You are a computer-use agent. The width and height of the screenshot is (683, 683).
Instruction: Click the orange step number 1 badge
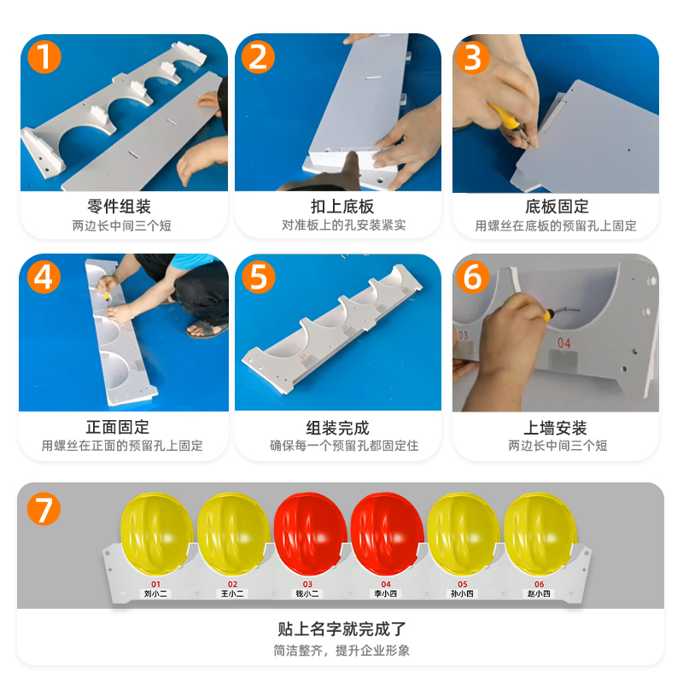pos(44,56)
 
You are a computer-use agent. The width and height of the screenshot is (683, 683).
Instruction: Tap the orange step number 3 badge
pos(472,57)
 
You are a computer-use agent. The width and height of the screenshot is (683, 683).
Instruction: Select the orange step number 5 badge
pos(259,277)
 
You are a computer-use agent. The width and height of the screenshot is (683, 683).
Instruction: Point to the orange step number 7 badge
pos(44,509)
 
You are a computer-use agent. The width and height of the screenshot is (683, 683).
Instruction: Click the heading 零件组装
pos(119,206)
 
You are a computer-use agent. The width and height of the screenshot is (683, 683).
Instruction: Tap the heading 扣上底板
pos(342,206)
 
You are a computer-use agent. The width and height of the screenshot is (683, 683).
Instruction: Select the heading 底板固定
pos(557,206)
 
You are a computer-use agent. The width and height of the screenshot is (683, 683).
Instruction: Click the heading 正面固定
pos(118,427)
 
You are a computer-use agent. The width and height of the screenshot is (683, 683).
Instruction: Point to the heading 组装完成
pos(337,428)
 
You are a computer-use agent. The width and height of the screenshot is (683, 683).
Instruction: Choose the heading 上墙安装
pos(555,428)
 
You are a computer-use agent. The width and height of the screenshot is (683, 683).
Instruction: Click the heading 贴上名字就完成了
pos(341,628)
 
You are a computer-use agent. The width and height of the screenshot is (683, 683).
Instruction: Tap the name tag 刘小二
pos(155,593)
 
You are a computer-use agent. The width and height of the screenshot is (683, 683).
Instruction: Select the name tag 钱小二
pos(307,593)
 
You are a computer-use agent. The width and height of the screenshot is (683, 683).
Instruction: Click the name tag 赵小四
pos(539,593)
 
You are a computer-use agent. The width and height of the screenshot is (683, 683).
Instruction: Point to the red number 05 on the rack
pos(462,584)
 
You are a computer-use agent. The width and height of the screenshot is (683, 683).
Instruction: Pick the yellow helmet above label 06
pos(540,534)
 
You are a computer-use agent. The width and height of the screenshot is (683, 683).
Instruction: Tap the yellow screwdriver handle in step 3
pos(504,117)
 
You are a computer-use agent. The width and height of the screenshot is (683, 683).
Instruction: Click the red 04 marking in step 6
pos(564,343)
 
